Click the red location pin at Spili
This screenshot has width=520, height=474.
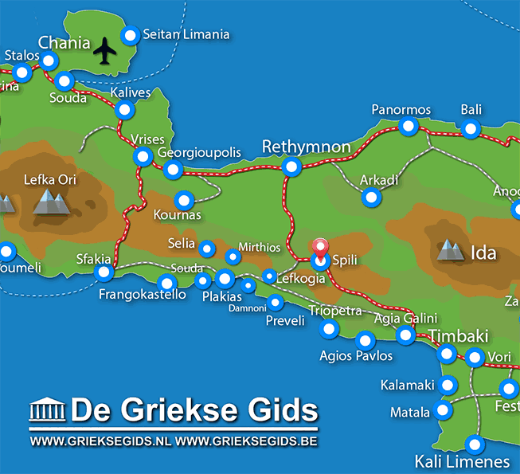(321, 249)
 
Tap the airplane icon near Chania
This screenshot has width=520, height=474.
(104, 51)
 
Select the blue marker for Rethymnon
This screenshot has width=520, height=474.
(292, 166)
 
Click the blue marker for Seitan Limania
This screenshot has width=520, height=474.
(130, 35)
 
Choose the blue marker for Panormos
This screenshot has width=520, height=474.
(409, 126)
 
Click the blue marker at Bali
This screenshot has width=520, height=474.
(471, 129)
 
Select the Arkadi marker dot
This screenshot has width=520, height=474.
(369, 197)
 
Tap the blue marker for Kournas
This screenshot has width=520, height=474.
(185, 200)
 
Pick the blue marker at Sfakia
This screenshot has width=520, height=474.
(104, 273)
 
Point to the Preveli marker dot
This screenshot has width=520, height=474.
(275, 302)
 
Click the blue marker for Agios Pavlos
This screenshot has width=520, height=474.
(366, 340)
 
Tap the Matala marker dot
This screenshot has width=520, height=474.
(442, 412)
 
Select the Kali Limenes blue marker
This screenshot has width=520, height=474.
(475, 445)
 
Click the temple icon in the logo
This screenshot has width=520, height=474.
(45, 411)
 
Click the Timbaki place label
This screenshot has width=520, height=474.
(459, 336)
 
